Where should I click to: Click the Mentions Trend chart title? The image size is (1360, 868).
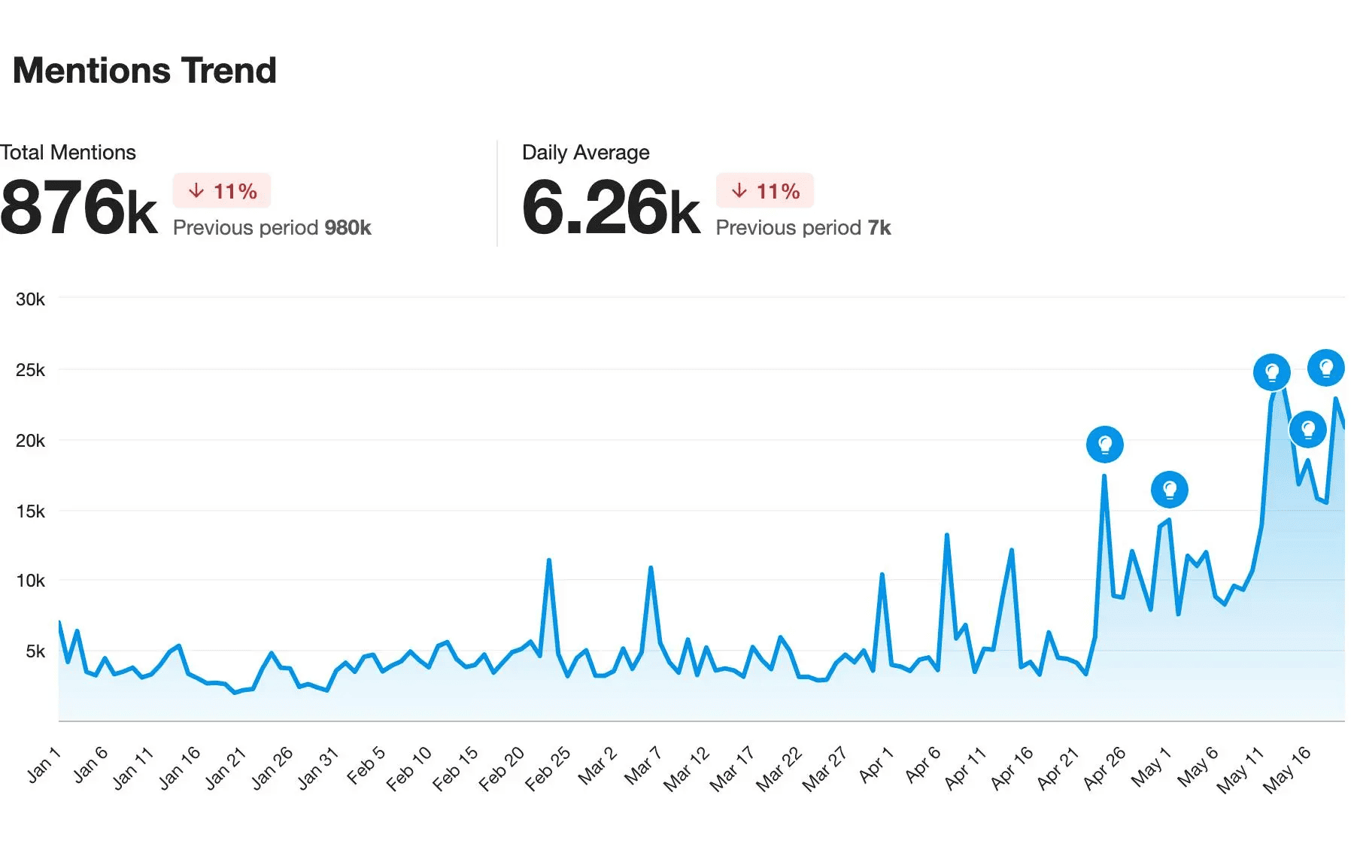[x=144, y=71]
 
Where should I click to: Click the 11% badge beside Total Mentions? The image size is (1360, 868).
[x=222, y=191]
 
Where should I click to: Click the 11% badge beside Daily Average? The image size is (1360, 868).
[x=765, y=191]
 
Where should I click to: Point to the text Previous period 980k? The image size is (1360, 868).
[x=272, y=228]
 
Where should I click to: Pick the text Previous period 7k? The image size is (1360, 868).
[x=803, y=228]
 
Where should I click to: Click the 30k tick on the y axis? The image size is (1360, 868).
[x=30, y=299]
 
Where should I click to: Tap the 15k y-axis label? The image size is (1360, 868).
[x=30, y=511]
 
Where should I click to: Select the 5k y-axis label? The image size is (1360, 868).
[x=35, y=651]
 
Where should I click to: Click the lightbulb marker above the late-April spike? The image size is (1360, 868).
[x=1104, y=445]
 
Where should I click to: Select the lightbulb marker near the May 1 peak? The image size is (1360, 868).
[x=1169, y=490]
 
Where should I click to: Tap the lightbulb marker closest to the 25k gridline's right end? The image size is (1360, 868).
[x=1325, y=368]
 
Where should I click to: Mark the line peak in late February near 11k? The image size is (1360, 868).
[x=549, y=560]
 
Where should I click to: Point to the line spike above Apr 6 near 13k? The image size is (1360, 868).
[x=946, y=535]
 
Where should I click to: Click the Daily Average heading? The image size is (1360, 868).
[x=585, y=153]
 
